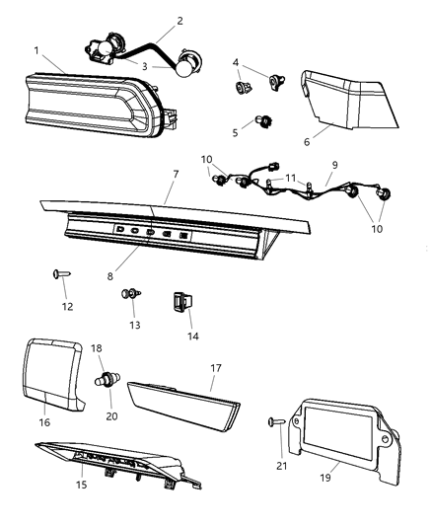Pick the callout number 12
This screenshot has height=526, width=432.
(x=66, y=307)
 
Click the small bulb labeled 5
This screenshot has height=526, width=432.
(x=262, y=122)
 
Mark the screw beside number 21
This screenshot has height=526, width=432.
(x=275, y=421)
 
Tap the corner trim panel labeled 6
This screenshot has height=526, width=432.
(x=345, y=95)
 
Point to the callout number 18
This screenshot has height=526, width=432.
(x=97, y=348)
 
